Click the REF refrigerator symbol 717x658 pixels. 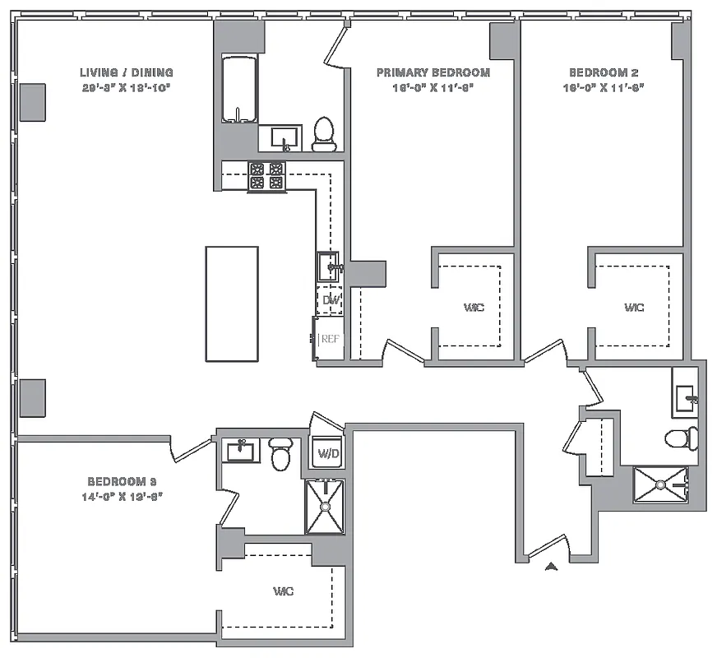[329, 338]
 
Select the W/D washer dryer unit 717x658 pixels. [326, 452]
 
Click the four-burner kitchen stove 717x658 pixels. [266, 176]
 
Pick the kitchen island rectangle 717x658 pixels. [231, 304]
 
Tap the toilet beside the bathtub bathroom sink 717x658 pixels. [325, 134]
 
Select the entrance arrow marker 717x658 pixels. [552, 565]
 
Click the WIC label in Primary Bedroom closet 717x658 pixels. [474, 308]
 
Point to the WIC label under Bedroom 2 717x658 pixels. [633, 308]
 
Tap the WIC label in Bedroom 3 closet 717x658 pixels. [284, 591]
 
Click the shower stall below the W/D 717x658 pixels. [325, 507]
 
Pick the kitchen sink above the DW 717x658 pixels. [329, 266]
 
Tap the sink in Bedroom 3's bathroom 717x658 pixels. [240, 450]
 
